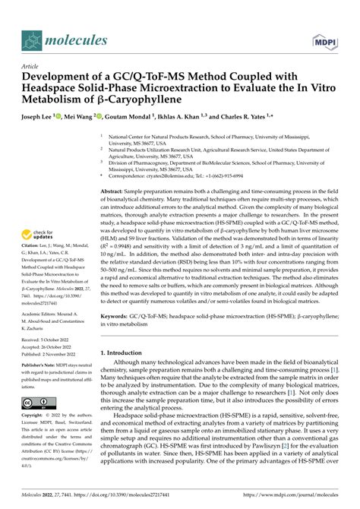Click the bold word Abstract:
(115, 191)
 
